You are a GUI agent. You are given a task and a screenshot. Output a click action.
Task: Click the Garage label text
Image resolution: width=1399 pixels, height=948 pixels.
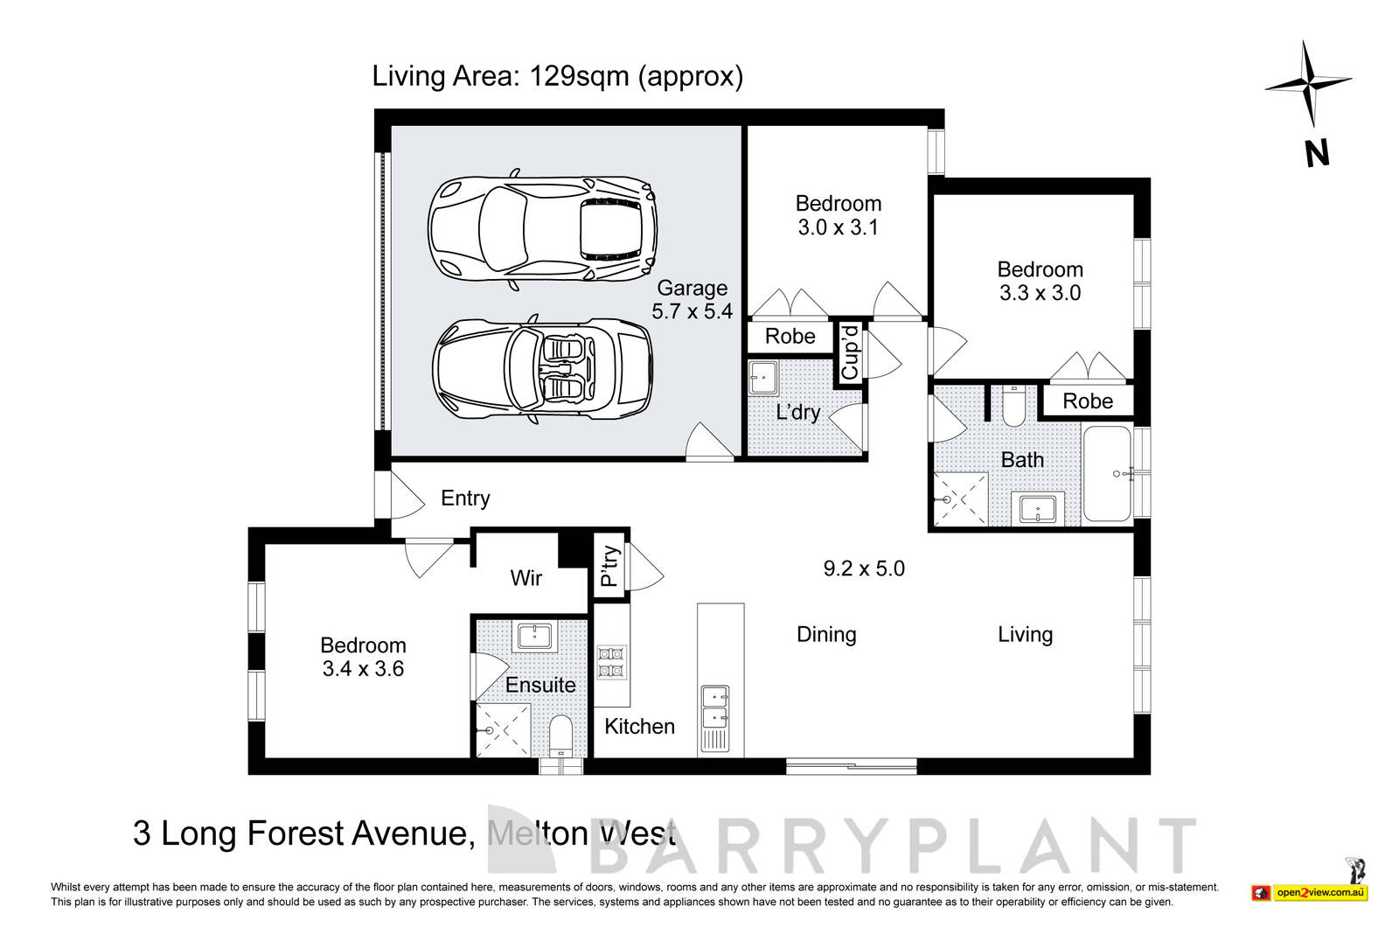(x=692, y=288)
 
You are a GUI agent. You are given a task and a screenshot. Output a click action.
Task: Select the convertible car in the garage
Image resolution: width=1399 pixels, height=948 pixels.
(x=542, y=372)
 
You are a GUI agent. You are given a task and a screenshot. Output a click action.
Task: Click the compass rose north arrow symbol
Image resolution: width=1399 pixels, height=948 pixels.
(x=1308, y=85)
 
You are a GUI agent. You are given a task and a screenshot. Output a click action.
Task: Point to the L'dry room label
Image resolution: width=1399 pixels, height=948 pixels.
(x=797, y=412)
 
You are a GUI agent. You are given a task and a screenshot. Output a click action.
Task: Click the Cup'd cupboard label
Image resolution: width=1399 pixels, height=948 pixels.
(x=850, y=352)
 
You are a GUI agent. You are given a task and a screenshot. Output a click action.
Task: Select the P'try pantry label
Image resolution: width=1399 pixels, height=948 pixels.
(x=610, y=566)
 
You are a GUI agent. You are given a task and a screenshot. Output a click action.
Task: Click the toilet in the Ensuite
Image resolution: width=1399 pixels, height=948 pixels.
(x=560, y=736)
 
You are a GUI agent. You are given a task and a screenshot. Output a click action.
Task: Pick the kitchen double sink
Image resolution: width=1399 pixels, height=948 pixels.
(x=714, y=708)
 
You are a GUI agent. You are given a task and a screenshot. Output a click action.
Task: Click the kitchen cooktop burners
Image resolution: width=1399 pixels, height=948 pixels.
(x=610, y=662)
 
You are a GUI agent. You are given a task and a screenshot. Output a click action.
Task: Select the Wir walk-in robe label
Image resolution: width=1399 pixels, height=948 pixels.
(x=525, y=577)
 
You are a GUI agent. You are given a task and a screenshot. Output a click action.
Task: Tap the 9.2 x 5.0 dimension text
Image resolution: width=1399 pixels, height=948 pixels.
(x=864, y=568)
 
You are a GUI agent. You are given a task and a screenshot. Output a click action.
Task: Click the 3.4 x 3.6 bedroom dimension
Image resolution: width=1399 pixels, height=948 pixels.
(x=363, y=669)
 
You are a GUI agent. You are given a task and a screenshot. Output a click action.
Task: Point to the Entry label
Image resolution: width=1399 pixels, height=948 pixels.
(x=465, y=498)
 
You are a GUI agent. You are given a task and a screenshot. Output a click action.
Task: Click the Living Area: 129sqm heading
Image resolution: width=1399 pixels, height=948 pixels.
(x=557, y=76)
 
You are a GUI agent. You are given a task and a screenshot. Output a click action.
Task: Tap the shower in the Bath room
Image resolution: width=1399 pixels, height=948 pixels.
(x=960, y=500)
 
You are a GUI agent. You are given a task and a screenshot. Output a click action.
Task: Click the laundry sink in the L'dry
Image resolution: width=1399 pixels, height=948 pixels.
(x=762, y=379)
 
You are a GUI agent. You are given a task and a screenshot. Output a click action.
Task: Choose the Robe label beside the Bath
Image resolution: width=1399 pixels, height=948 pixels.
(x=1088, y=401)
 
